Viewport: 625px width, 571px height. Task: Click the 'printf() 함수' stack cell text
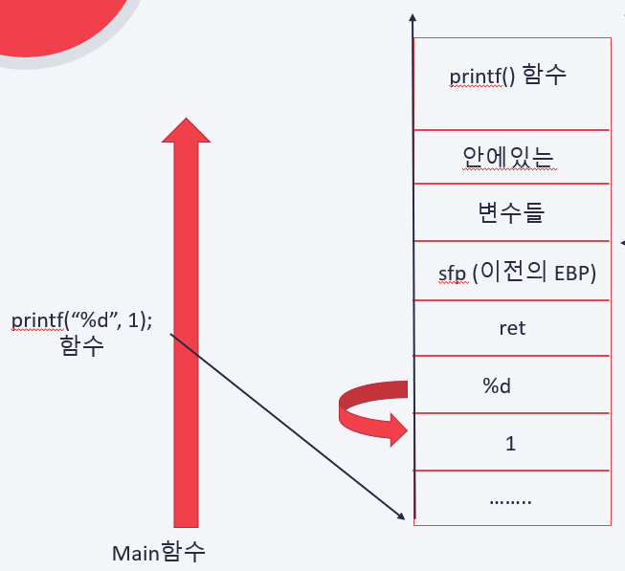pyautogui.click(x=508, y=77)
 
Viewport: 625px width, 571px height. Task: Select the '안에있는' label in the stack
pyautogui.click(x=509, y=156)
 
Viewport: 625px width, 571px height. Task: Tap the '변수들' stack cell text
pyautogui.click(x=509, y=212)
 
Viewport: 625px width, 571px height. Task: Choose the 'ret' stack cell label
pyautogui.click(x=512, y=328)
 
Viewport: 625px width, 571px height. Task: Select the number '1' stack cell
pyautogui.click(x=509, y=443)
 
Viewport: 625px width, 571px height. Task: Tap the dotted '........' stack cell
pyautogui.click(x=509, y=498)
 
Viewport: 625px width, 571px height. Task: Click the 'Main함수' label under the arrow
pyautogui.click(x=159, y=553)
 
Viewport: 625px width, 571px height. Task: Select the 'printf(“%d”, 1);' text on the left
pyautogui.click(x=80, y=321)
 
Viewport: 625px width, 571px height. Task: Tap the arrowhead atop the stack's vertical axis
pyautogui.click(x=412, y=18)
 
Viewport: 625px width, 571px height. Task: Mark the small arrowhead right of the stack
pyautogui.click(x=622, y=241)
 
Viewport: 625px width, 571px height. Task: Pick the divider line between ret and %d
pyautogui.click(x=512, y=356)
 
